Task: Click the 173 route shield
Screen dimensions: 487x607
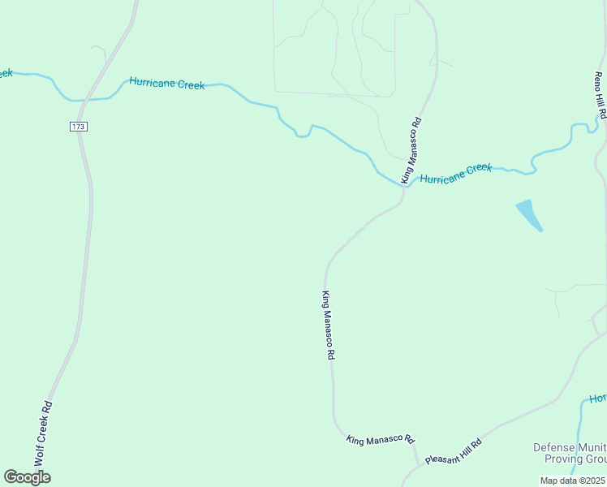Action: pyautogui.click(x=78, y=127)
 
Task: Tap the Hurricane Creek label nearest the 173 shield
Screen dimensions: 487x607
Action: pyautogui.click(x=167, y=84)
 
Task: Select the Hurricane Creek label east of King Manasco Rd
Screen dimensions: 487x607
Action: pyautogui.click(x=456, y=173)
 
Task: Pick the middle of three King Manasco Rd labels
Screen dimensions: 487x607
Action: pyautogui.click(x=329, y=325)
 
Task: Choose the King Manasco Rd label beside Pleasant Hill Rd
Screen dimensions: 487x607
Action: pyautogui.click(x=381, y=438)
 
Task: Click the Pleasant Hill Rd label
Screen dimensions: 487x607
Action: pyautogui.click(x=454, y=451)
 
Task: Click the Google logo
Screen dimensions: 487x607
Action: pyautogui.click(x=27, y=477)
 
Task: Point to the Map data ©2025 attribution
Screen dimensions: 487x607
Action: pyautogui.click(x=573, y=481)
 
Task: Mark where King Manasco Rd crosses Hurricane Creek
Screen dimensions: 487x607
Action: pyautogui.click(x=403, y=186)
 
